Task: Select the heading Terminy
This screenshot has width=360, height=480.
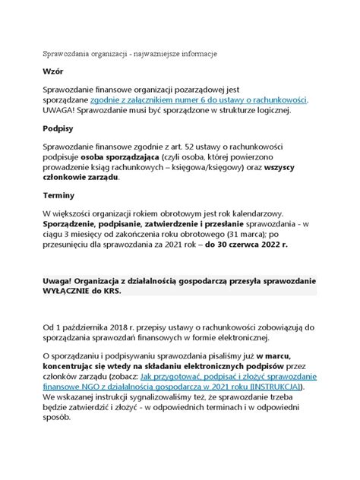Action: (x=59, y=195)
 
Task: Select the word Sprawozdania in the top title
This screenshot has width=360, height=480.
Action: (x=70, y=54)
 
